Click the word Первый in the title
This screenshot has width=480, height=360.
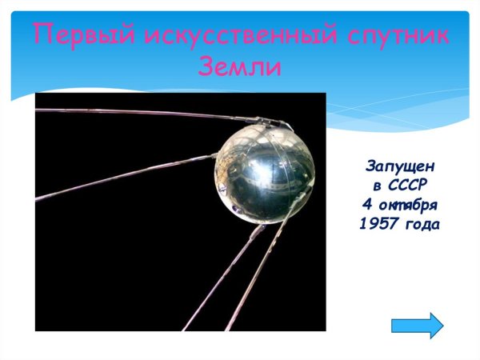[x=83, y=36]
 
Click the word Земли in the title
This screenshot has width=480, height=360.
[x=239, y=67]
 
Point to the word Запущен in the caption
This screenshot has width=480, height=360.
[x=400, y=166]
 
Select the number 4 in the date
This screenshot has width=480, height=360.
[x=368, y=205]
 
